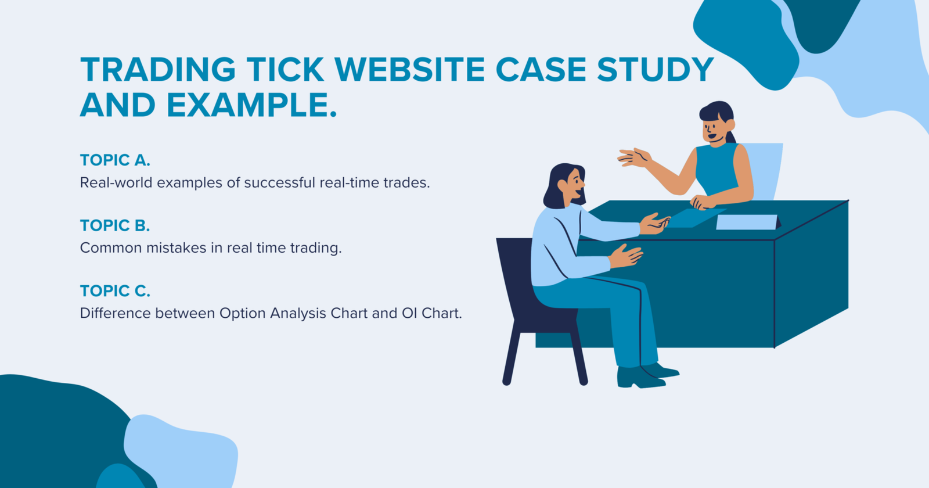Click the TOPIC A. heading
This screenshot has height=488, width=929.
(115, 160)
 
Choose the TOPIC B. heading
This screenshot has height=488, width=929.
(115, 225)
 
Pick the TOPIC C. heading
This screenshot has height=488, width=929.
(115, 291)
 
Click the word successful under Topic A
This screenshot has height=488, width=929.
(279, 183)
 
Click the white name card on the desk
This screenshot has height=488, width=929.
(747, 222)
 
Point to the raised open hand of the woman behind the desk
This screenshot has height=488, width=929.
(634, 157)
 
